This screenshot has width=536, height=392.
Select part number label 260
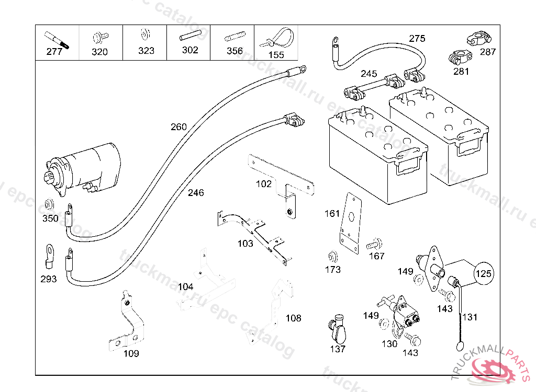click(178, 127)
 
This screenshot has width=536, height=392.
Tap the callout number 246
click(196, 193)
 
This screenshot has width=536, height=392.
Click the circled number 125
click(484, 273)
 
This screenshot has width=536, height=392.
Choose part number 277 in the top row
click(54, 51)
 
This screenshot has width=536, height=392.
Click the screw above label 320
click(99, 37)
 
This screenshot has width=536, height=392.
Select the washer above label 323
click(145, 36)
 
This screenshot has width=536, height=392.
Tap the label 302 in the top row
click(190, 50)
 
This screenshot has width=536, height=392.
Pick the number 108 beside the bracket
click(293, 318)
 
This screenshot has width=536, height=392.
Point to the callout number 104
click(185, 286)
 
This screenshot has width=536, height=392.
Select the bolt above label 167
click(374, 244)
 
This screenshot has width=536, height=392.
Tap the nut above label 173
click(331, 257)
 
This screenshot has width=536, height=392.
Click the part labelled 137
click(338, 328)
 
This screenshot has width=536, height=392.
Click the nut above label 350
click(50, 204)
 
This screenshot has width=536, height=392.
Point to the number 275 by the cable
click(417, 38)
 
